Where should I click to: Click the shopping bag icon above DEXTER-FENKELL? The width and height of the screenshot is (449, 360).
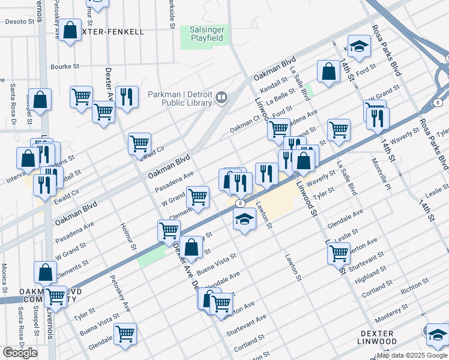pos(70,31)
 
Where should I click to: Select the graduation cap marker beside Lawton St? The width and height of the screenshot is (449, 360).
pos(244,219)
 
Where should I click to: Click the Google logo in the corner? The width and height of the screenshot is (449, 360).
pos(20,353)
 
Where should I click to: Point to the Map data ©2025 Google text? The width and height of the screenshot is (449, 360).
pos(412,355)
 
